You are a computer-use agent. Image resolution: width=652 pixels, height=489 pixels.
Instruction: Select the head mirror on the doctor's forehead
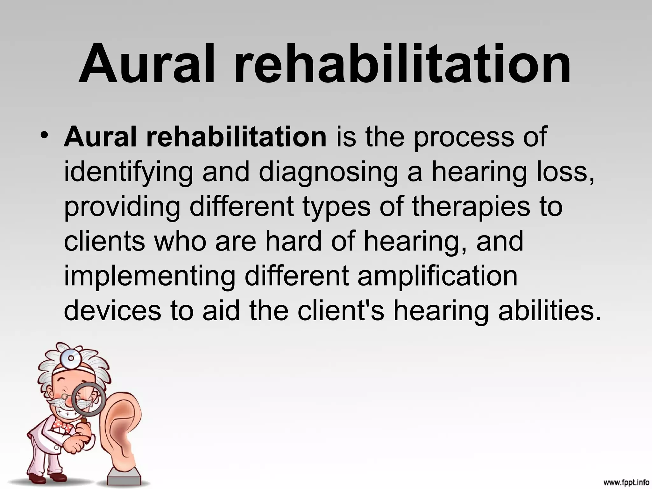point(71,358)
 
